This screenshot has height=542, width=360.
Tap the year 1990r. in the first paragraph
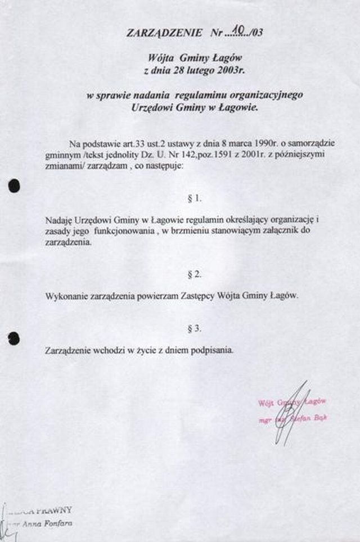point(249,143)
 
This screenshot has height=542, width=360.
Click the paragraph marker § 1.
point(193,198)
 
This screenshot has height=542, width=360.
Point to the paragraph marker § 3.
point(193,329)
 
